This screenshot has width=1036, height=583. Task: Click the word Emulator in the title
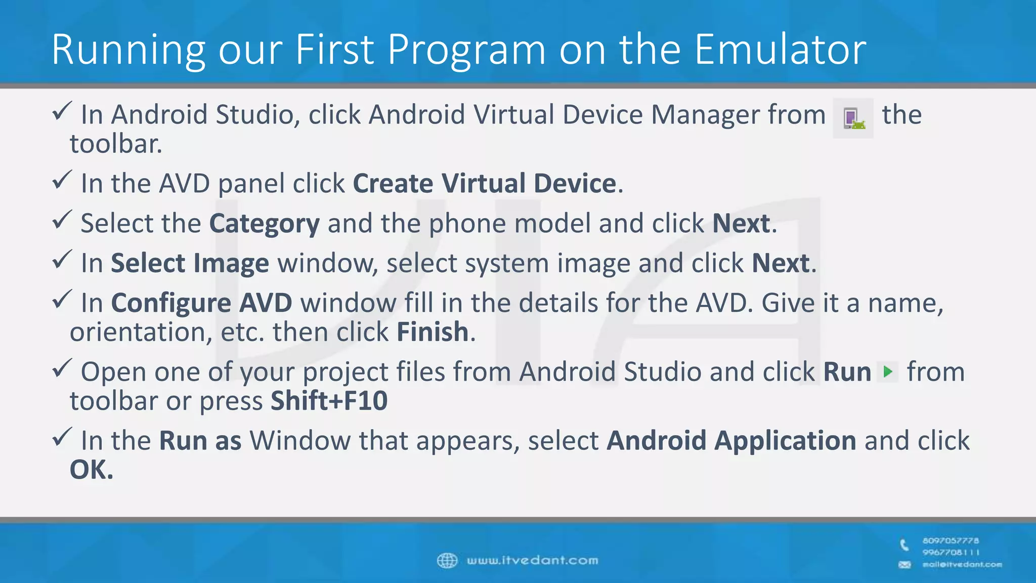pyautogui.click(x=780, y=50)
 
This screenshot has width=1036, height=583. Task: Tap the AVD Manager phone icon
pyautogui.click(x=853, y=118)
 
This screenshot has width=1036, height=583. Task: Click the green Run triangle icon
pyautogui.click(x=887, y=372)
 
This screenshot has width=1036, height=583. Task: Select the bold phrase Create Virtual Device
pyautogui.click(x=484, y=183)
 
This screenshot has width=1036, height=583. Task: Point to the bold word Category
pyautogui.click(x=264, y=224)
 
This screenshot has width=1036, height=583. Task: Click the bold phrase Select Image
pyautogui.click(x=190, y=263)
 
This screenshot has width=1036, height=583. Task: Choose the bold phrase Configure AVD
pyautogui.click(x=201, y=303)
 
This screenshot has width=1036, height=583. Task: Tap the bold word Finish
pyautogui.click(x=433, y=332)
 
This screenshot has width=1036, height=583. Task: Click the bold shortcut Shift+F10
pyautogui.click(x=329, y=401)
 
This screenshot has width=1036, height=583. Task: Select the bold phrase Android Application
pyautogui.click(x=731, y=440)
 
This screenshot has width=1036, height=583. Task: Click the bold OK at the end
pyautogui.click(x=91, y=470)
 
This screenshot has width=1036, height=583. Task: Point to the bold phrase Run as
pyautogui.click(x=200, y=440)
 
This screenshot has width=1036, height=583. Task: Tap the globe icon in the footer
pyautogui.click(x=447, y=560)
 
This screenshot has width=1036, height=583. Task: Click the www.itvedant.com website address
pyautogui.click(x=532, y=560)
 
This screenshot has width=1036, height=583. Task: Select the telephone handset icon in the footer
pyautogui.click(x=904, y=545)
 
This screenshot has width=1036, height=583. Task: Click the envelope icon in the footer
pyautogui.click(x=904, y=564)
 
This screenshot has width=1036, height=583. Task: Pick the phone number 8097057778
pyautogui.click(x=951, y=540)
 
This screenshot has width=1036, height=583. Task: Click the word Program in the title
pyautogui.click(x=466, y=50)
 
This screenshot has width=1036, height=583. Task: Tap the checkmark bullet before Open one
pyautogui.click(x=62, y=368)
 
